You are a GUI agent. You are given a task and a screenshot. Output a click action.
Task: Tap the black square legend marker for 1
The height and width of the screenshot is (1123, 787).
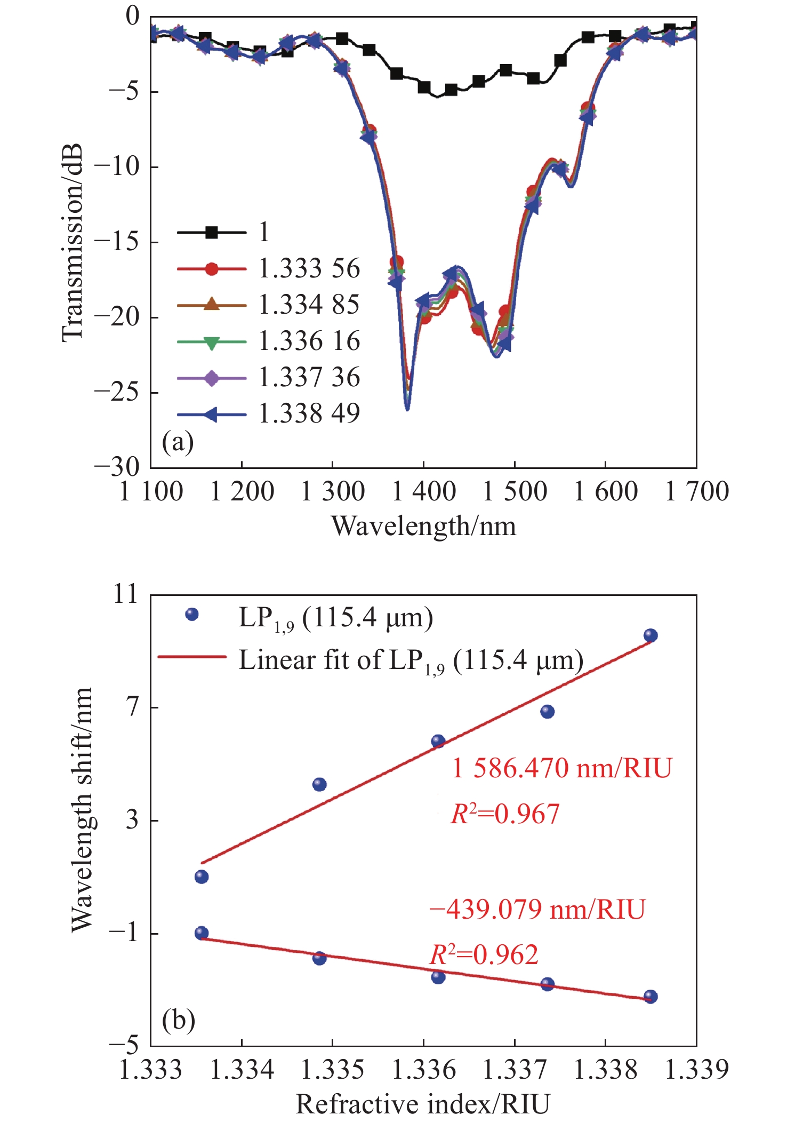click(212, 233)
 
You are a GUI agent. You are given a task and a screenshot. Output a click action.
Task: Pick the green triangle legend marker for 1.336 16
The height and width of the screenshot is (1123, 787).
click(212, 342)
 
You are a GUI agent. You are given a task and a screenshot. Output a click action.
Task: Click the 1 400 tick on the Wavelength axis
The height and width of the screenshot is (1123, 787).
click(424, 491)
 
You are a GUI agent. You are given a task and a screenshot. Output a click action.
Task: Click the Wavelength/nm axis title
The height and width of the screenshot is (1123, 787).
click(424, 527)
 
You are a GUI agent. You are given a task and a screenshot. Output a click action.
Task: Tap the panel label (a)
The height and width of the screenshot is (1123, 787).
click(178, 442)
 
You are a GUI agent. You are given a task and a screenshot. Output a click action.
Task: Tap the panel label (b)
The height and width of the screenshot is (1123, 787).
click(178, 1020)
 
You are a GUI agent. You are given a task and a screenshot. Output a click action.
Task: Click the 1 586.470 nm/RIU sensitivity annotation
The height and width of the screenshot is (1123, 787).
click(561, 769)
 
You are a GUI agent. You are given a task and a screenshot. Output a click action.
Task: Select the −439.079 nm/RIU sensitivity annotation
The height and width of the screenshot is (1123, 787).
click(537, 909)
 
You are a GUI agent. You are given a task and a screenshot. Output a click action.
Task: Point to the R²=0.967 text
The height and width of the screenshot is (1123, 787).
click(505, 814)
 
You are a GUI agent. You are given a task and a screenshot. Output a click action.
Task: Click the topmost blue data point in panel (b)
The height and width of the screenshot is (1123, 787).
click(651, 635)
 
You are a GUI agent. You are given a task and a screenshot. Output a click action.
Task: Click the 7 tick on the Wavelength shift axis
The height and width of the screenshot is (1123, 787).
click(132, 707)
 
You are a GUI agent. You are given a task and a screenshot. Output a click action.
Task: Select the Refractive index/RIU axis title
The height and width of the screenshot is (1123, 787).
click(423, 1104)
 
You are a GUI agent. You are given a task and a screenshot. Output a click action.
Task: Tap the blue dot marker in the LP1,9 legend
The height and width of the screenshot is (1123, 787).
click(192, 615)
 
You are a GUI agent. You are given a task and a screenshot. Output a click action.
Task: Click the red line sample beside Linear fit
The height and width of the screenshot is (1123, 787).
click(192, 657)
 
